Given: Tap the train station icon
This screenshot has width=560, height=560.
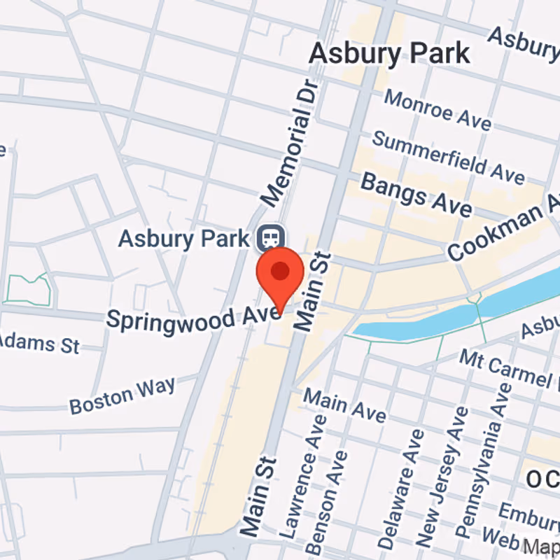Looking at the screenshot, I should pos(268,239).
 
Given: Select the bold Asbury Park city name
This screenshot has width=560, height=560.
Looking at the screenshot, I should pos(389,52).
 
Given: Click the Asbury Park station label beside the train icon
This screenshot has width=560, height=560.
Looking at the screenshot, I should pos(183,238).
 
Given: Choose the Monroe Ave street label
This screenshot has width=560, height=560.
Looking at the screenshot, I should pos(437,109).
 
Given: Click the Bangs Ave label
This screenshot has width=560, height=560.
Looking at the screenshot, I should pos(416,194).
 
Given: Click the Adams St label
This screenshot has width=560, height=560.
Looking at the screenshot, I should pos(38,343).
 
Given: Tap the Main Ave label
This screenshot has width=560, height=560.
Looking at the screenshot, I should pos(344,405).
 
